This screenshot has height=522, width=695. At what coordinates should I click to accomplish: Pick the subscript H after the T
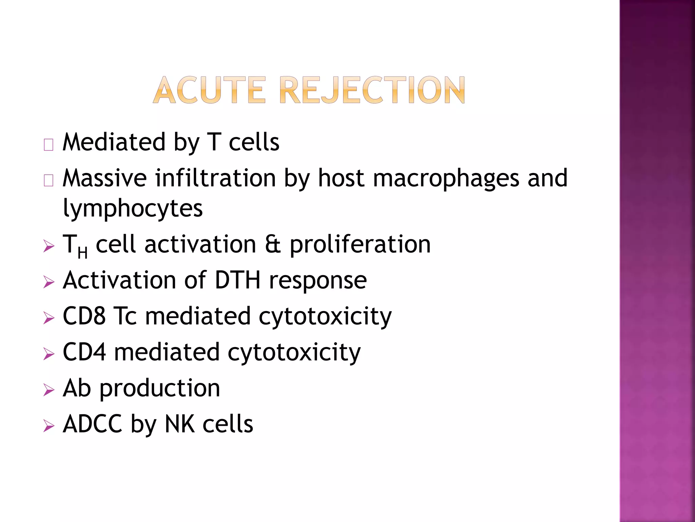coord(82,253)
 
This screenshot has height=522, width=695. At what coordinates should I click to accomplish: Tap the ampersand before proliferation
coord(273,244)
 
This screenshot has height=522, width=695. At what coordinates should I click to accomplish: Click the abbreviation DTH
coord(238,280)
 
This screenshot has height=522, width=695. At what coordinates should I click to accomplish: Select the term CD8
coord(84,316)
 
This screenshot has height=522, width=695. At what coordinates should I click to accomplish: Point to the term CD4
coord(84,352)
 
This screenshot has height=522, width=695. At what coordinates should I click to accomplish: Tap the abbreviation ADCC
coord(92,424)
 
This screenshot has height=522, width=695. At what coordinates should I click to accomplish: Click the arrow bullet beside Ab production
coord(49,390)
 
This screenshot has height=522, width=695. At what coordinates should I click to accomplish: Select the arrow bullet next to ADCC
coord(49,426)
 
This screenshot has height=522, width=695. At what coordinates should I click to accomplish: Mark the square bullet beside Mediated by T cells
coord(49,145)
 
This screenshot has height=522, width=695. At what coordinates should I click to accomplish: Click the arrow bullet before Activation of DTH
coord(49,282)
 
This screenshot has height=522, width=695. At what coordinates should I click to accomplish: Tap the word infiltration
coord(215,178)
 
